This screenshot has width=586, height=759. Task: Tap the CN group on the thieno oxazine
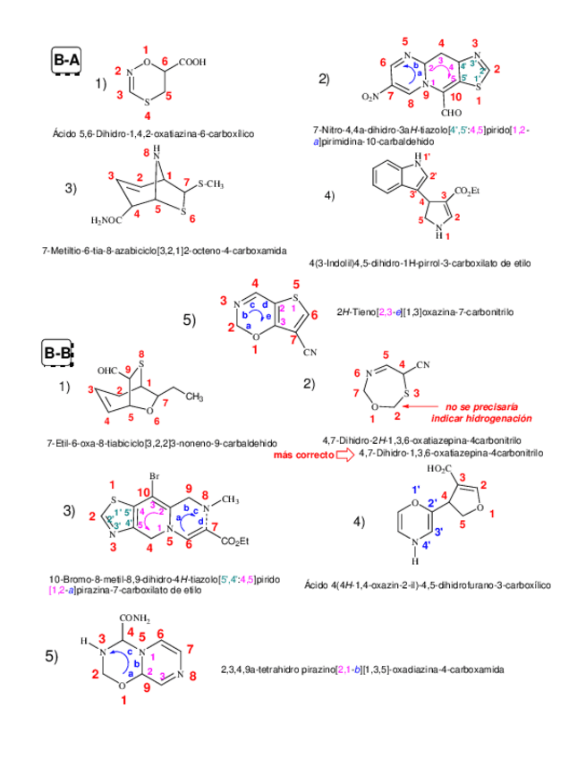pyautogui.click(x=310, y=353)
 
